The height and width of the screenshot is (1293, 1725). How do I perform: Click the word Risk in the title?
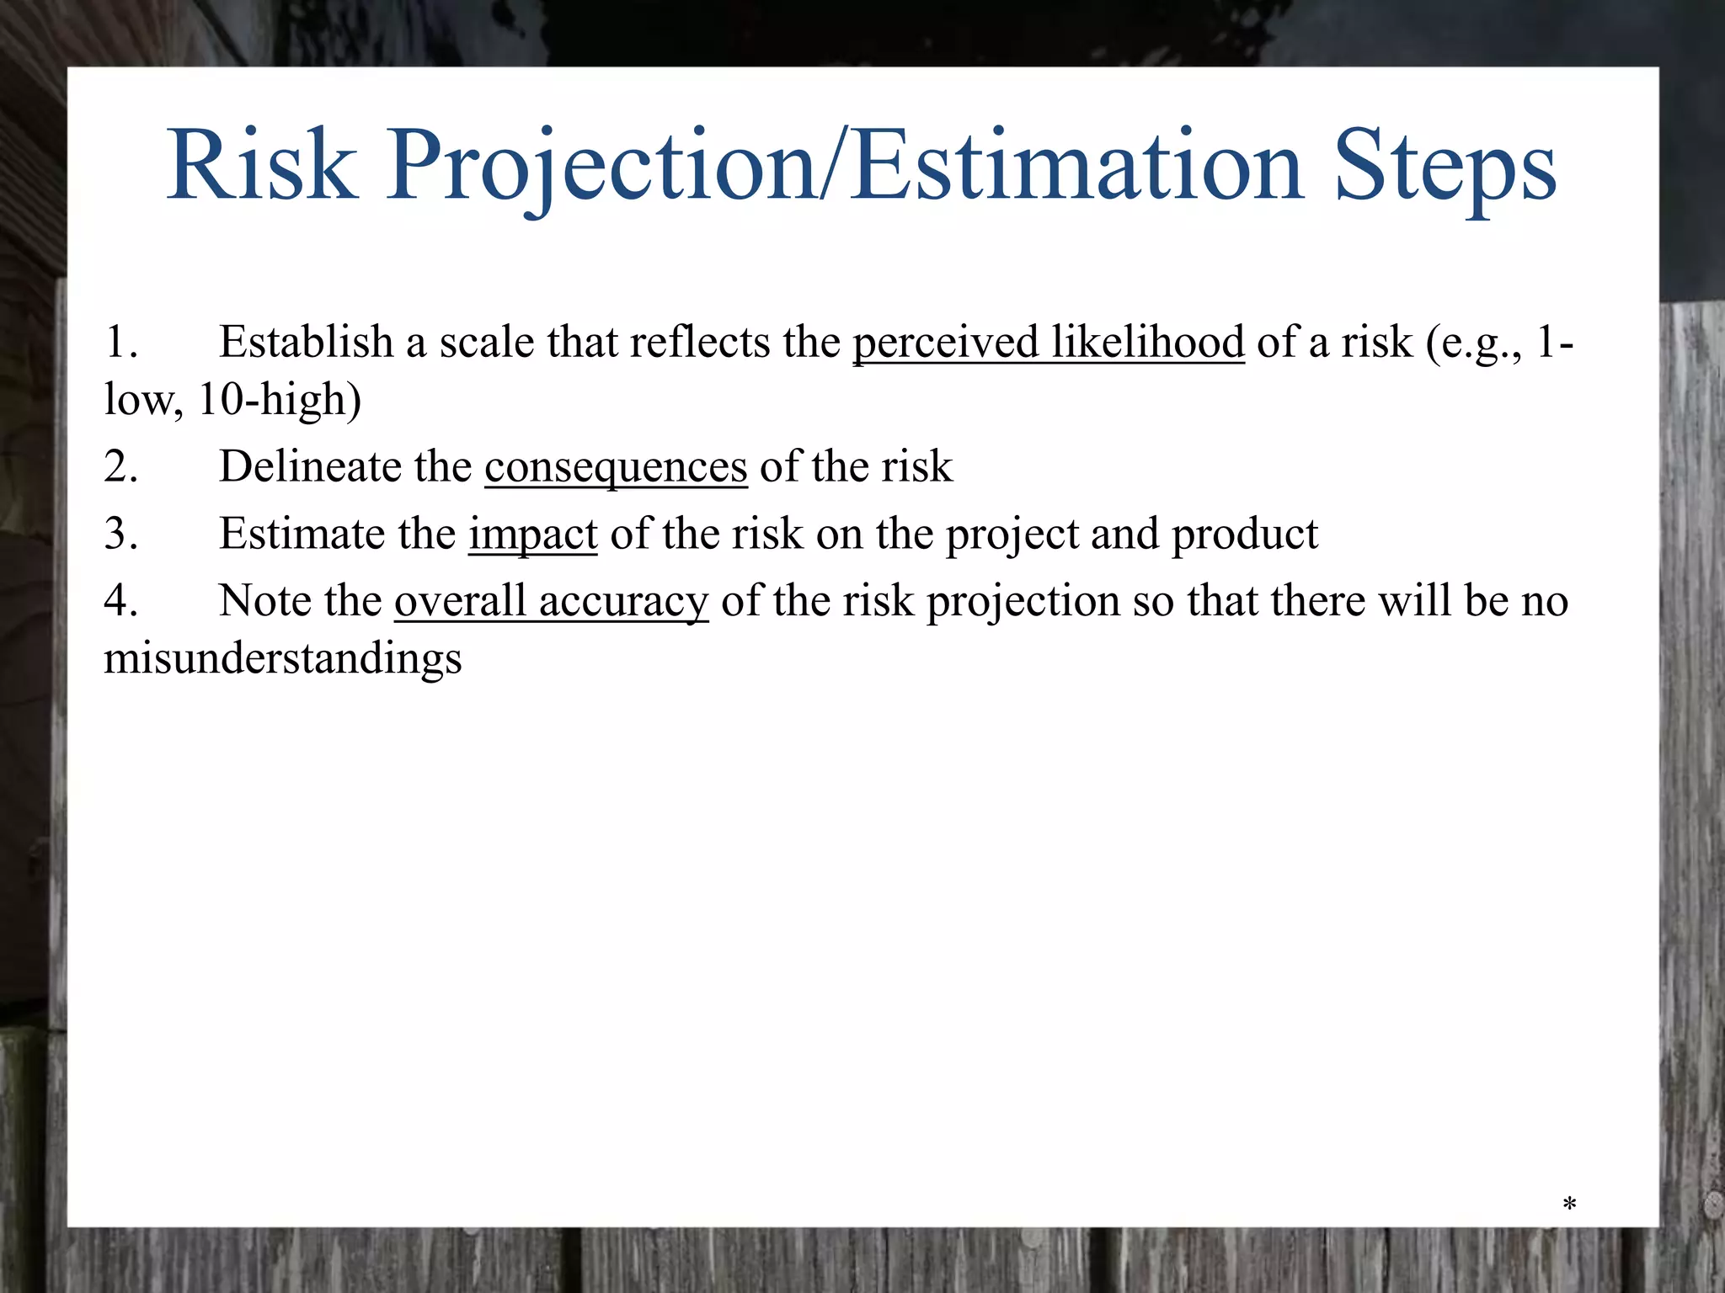pyautogui.click(x=261, y=166)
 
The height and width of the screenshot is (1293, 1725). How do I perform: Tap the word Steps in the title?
pyautogui.click(x=1445, y=166)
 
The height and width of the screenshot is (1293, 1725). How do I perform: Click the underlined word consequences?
pyautogui.click(x=616, y=467)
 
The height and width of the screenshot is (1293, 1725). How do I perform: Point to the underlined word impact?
pyautogui.click(x=533, y=535)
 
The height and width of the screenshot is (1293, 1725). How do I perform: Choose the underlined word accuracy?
pyautogui.click(x=623, y=602)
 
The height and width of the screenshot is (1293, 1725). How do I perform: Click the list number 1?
pyautogui.click(x=120, y=343)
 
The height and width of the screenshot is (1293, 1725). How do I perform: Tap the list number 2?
pyautogui.click(x=120, y=467)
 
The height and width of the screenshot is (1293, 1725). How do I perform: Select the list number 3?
pyautogui.click(x=120, y=535)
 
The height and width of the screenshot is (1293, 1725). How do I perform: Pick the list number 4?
pyautogui.click(x=120, y=602)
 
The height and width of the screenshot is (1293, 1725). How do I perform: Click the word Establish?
pyautogui.click(x=307, y=343)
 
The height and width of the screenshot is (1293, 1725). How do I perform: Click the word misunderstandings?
pyautogui.click(x=283, y=658)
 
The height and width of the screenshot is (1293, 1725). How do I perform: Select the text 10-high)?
pyautogui.click(x=279, y=400)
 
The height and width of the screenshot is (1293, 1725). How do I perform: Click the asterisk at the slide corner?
pyautogui.click(x=1569, y=1205)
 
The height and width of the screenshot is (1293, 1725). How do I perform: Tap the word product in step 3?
pyautogui.click(x=1245, y=535)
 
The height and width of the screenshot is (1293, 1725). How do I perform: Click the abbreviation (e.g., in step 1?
pyautogui.click(x=1474, y=343)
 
